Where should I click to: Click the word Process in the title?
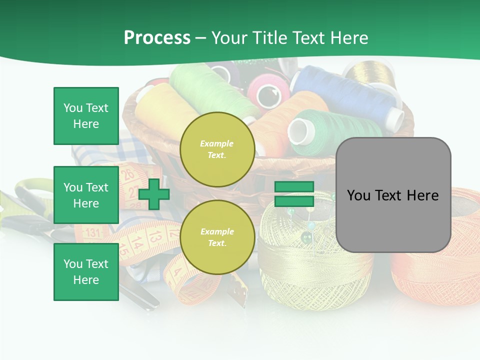coord(157,38)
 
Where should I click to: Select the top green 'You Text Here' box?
coord(86,116)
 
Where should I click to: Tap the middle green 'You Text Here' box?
coord(86,195)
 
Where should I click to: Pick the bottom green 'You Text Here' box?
coord(86,271)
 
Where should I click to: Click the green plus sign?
coord(154,194)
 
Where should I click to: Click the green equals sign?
coord(294,194)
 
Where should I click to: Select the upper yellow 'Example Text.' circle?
coord(217,149)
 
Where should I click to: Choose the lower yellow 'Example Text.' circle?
coord(217,237)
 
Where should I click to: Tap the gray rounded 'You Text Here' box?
coord(393,195)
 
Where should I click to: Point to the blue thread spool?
coord(350,95)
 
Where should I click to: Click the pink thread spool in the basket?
coord(269,90)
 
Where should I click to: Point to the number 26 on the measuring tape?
coord(128,175)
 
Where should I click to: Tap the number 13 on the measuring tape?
coord(156,235)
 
